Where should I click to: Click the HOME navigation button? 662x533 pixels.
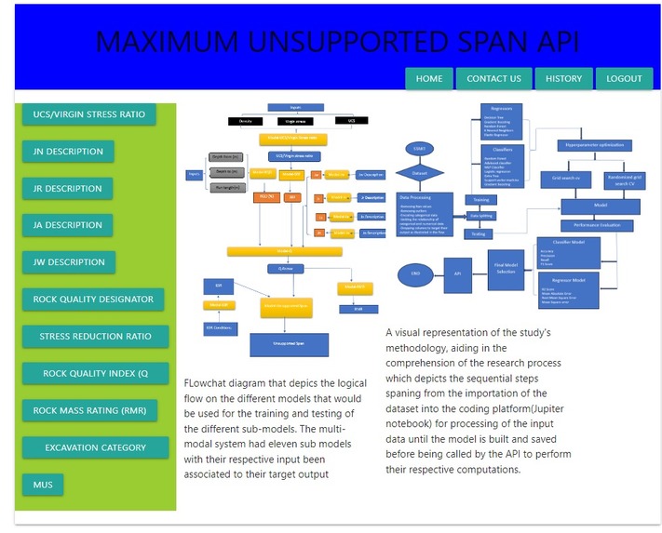[x=429, y=79]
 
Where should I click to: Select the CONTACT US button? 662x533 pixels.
[x=493, y=79]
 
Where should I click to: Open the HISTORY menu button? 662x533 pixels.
[x=563, y=79]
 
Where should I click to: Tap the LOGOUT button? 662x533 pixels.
[x=624, y=79]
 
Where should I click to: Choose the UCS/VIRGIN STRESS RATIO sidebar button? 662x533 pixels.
[x=89, y=114]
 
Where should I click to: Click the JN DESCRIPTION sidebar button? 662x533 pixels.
[x=68, y=152]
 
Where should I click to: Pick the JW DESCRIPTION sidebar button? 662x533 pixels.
[x=68, y=262]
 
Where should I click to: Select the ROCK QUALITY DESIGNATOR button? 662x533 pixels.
[x=93, y=300]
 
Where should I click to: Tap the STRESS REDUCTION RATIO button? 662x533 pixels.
[x=95, y=337]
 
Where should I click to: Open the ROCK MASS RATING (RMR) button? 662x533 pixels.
[x=89, y=410]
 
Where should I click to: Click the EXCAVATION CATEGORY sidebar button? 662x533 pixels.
[x=95, y=447]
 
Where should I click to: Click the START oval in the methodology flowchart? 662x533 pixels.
[x=417, y=149]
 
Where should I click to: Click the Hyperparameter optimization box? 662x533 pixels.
[x=591, y=145]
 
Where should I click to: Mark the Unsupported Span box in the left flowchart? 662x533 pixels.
[x=289, y=344]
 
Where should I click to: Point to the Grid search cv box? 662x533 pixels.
[x=565, y=177]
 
